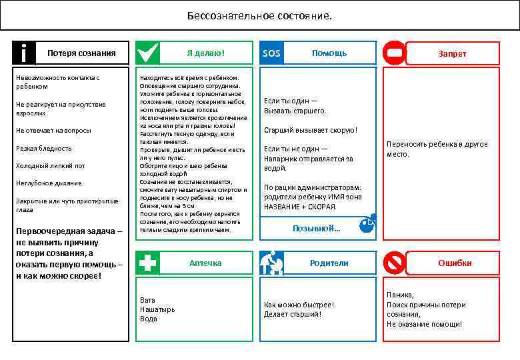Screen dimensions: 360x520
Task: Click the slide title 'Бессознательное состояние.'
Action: click(x=259, y=15)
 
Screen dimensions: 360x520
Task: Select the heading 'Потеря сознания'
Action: click(x=81, y=53)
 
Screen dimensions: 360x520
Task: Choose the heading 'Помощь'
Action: click(x=329, y=53)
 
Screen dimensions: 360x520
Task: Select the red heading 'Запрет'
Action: click(x=452, y=53)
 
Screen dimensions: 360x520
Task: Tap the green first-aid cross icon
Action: click(x=147, y=263)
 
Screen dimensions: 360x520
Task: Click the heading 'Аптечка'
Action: click(x=205, y=263)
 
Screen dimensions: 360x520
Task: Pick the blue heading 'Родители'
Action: click(x=329, y=263)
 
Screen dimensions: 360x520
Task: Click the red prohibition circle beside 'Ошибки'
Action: click(x=394, y=263)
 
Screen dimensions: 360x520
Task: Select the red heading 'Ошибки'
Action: click(x=455, y=263)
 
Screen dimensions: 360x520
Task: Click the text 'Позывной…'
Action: click(x=317, y=229)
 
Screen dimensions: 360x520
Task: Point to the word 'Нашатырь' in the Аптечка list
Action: click(x=157, y=309)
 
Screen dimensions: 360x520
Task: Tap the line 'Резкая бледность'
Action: click(x=43, y=148)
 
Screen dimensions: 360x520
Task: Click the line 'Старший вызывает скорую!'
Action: click(x=311, y=130)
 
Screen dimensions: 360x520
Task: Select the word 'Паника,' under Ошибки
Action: click(x=400, y=295)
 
